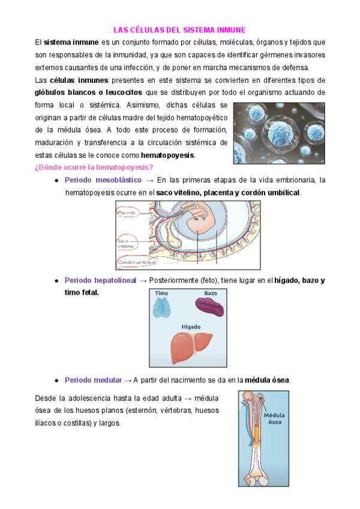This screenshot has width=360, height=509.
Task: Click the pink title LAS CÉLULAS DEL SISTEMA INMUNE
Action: [x=180, y=29]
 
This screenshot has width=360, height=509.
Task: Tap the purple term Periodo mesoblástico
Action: [x=103, y=180]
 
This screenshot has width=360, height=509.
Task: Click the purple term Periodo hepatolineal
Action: [x=100, y=280]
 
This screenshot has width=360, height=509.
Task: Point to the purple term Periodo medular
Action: [x=93, y=380]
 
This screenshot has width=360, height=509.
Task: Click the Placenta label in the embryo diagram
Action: [x=127, y=212]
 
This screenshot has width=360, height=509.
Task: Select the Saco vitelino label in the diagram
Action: [x=126, y=242]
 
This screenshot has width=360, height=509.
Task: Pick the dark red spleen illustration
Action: [x=209, y=307]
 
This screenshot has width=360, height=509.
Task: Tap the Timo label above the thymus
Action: [x=162, y=293]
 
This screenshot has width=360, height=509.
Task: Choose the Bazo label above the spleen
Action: [x=210, y=293]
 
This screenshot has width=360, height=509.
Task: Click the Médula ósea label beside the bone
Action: [x=274, y=418]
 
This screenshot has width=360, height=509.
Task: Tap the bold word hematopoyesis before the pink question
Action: [x=172, y=155]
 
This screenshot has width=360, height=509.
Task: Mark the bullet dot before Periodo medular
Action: [x=56, y=381]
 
